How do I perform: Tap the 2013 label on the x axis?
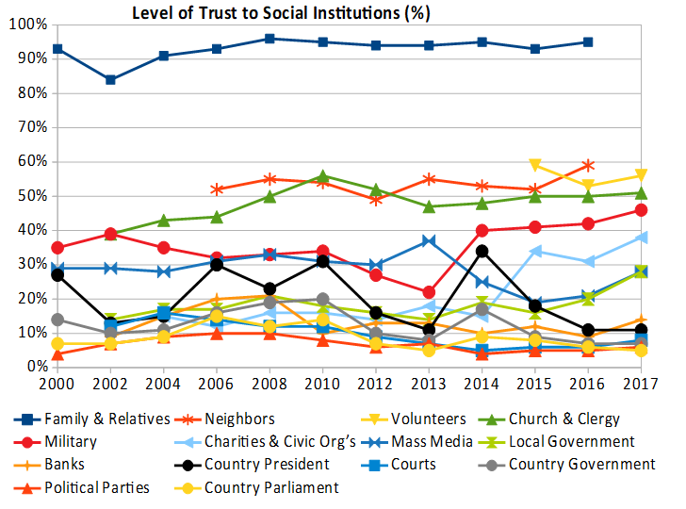point(430,385)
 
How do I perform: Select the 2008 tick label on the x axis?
point(270,385)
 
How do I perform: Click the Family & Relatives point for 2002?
point(111,79)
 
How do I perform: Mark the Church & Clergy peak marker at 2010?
point(323,175)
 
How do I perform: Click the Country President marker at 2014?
point(482,251)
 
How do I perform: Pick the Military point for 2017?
point(641,209)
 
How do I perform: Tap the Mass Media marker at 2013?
point(430,240)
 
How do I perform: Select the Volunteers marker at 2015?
point(535,165)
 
